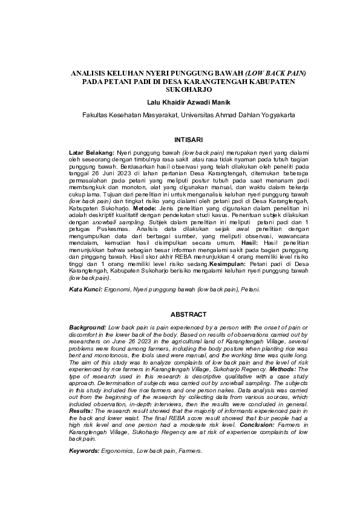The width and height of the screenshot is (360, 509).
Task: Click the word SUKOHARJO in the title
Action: [x=180, y=89]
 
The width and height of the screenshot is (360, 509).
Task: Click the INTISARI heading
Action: [x=180, y=140]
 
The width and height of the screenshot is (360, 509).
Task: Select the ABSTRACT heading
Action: [x=180, y=314]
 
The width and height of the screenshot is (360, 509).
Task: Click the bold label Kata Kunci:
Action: [x=85, y=290]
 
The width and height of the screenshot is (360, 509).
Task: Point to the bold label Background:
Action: [x=87, y=327]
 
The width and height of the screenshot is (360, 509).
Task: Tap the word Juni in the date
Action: [x=108, y=174]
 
